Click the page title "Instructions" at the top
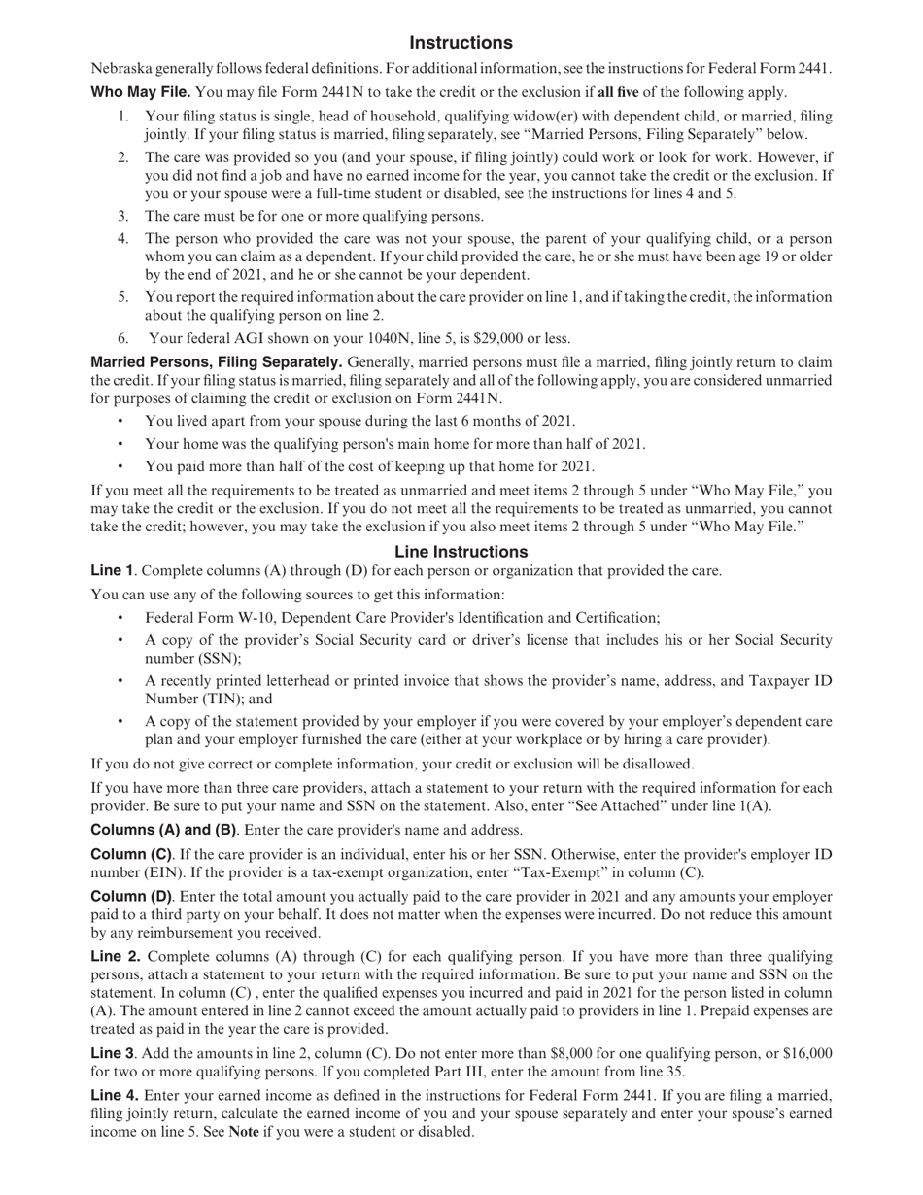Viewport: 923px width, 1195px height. tap(461, 43)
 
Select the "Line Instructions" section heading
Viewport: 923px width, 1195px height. tap(461, 552)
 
